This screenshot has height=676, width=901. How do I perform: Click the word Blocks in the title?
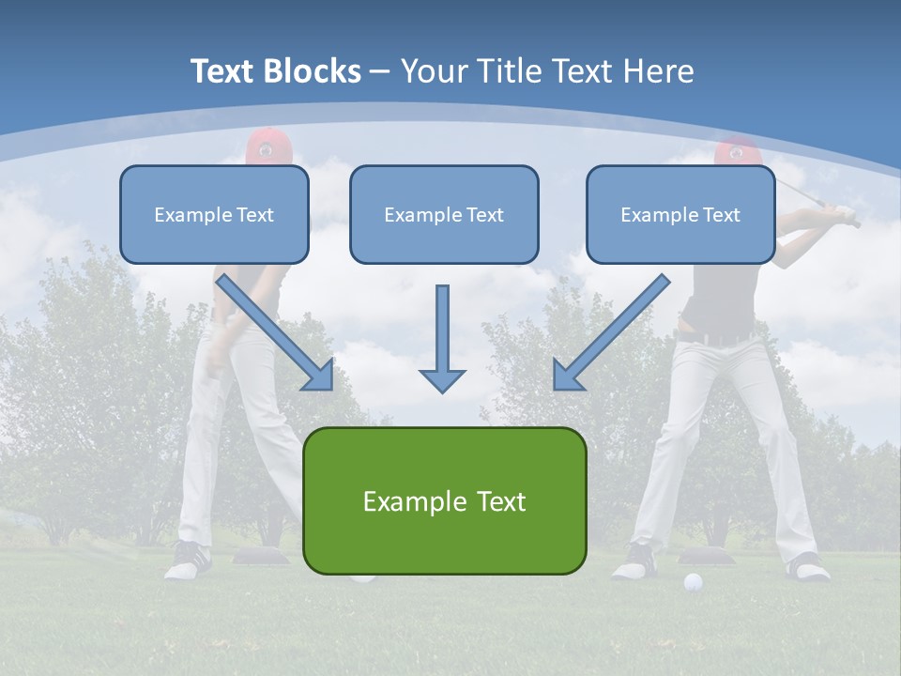point(312,71)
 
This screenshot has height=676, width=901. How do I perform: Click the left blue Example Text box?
point(214,214)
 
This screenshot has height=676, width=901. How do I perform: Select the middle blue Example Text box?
point(444,214)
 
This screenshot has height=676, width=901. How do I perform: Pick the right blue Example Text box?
point(681,214)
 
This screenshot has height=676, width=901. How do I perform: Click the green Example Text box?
point(445,500)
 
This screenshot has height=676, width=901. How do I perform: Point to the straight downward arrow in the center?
point(442,339)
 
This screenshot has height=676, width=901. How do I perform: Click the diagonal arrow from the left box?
point(275,332)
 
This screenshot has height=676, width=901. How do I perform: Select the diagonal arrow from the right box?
point(611,332)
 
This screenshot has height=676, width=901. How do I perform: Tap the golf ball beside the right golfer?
point(693,582)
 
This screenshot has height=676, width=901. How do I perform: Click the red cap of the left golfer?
point(268,146)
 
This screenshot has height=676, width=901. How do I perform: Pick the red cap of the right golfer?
point(738,151)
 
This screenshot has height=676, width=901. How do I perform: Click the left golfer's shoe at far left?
point(188,561)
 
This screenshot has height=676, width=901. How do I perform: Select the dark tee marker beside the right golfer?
point(706,557)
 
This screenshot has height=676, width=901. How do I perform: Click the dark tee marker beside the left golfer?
point(260,556)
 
